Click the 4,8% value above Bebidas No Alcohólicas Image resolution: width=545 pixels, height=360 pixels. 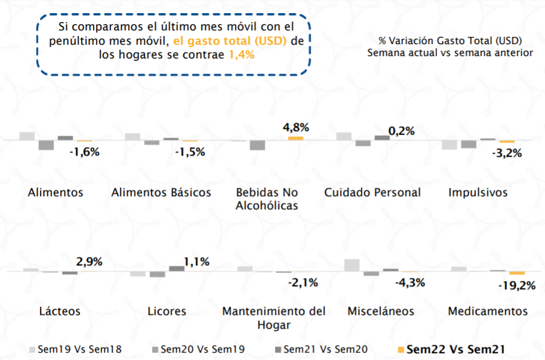(x=296, y=127)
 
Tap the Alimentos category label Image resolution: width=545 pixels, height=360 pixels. (x=55, y=193)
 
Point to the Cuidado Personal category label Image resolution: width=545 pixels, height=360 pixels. (x=372, y=193)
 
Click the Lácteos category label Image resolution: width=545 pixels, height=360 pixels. (x=60, y=311)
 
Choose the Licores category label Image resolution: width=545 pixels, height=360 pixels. (x=167, y=311)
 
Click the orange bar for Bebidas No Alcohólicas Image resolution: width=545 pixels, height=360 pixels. (x=295, y=138)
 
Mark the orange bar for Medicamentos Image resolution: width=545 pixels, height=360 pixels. (x=516, y=273)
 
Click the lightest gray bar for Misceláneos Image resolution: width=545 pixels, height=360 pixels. (x=352, y=265)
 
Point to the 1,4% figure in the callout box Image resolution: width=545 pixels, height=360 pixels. (x=241, y=54)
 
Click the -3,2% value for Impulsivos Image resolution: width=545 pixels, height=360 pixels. (x=506, y=153)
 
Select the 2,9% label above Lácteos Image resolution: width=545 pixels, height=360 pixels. (x=89, y=261)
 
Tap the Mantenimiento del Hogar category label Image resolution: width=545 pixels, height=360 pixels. (x=274, y=318)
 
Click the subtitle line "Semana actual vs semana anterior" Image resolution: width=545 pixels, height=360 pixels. (x=450, y=52)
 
